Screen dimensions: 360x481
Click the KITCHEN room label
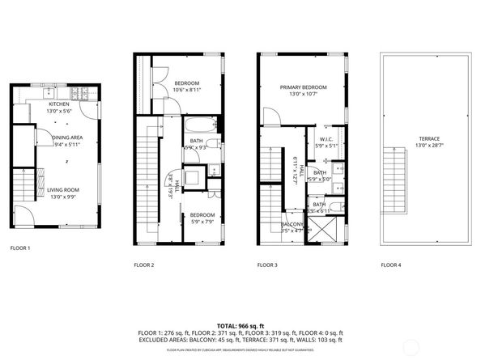[59, 104]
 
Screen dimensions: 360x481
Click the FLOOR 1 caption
[19, 248]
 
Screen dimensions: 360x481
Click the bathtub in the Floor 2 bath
[199, 125]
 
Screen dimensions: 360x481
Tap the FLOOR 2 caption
[143, 265]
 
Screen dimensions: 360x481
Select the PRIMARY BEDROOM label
[304, 87]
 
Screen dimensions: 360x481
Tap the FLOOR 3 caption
[267, 265]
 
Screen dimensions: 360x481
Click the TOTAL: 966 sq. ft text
[240, 324]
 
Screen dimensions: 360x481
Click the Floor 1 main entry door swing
[23, 214]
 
